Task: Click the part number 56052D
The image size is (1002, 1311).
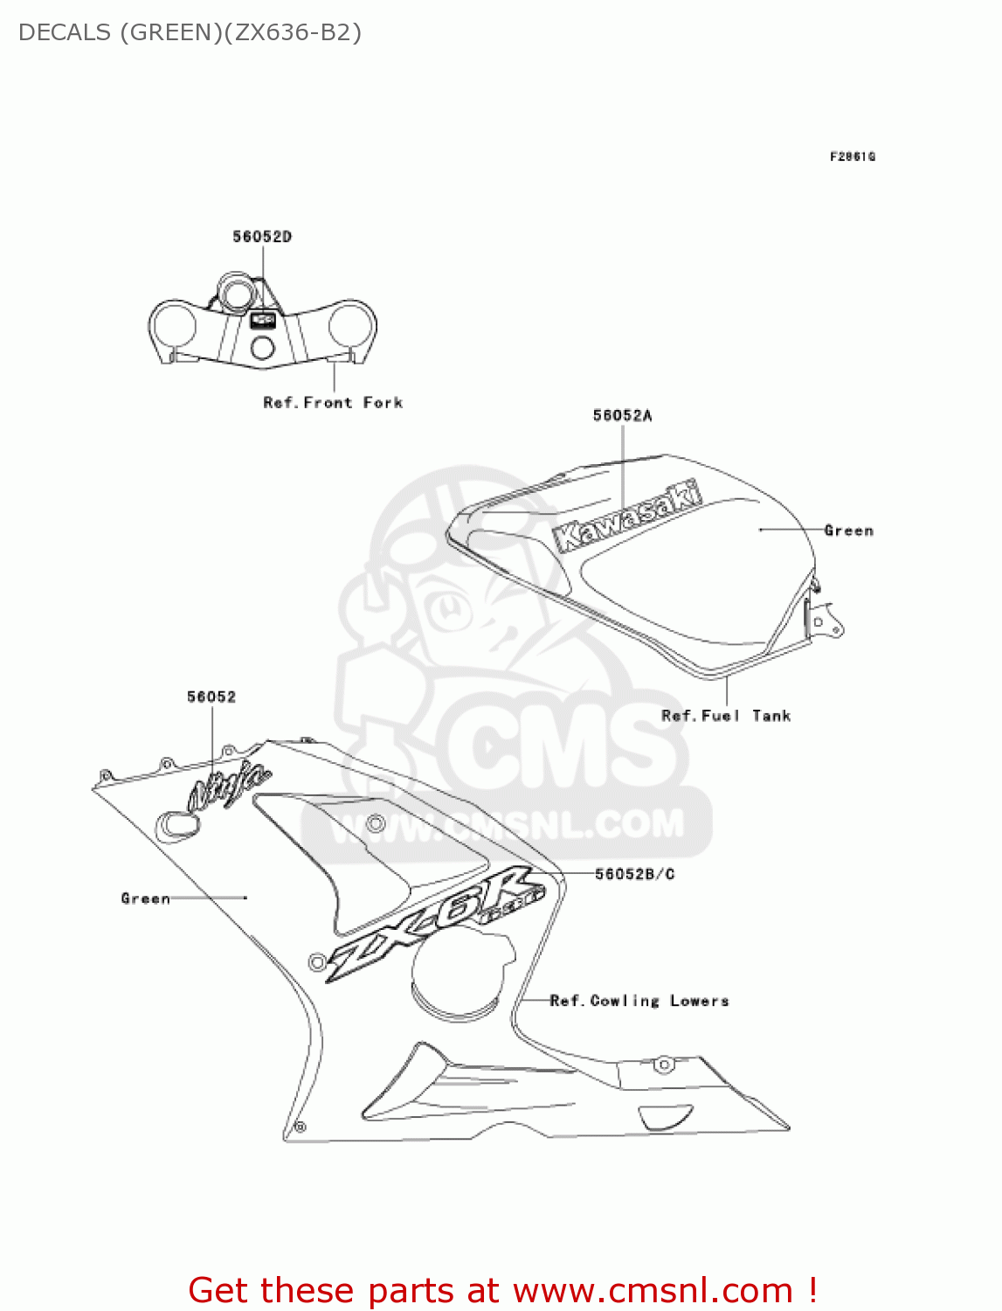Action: tap(262, 237)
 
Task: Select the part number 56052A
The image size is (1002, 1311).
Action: tap(622, 416)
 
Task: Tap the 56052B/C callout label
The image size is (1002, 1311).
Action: tap(634, 874)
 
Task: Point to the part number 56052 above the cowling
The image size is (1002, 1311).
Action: tap(211, 697)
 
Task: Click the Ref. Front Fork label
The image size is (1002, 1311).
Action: tap(333, 403)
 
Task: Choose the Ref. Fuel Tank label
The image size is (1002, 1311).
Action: tap(726, 716)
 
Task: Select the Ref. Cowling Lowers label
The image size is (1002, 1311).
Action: tap(639, 1001)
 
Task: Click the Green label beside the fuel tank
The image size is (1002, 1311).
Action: tap(848, 531)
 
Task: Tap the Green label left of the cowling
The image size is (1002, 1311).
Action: tap(145, 898)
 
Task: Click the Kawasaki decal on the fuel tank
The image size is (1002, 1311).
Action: tap(627, 517)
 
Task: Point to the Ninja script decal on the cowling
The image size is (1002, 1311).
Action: tap(229, 785)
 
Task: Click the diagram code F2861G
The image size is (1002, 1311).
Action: tap(852, 156)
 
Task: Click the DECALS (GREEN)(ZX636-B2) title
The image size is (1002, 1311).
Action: tap(190, 32)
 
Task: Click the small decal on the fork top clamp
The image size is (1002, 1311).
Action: tap(263, 320)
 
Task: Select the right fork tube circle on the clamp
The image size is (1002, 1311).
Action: tap(352, 324)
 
